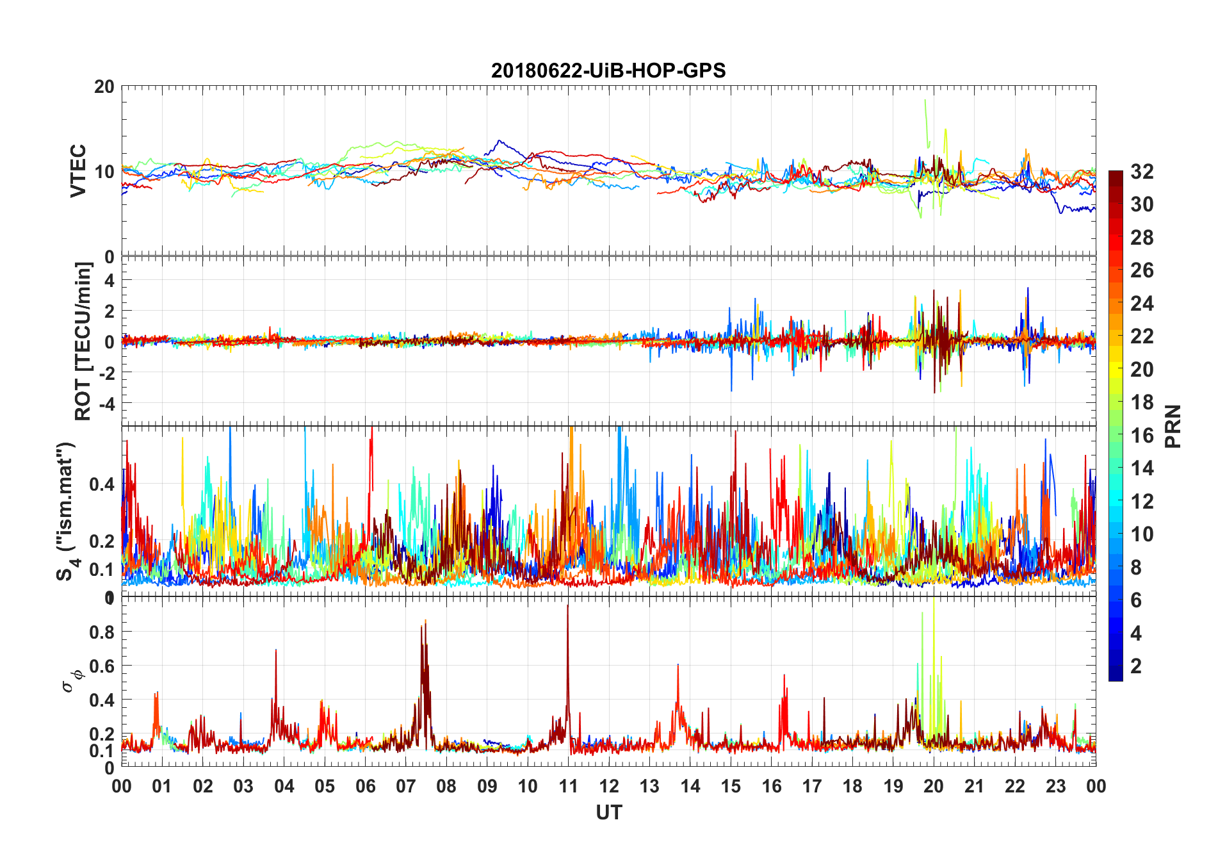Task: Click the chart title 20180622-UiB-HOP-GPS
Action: pyautogui.click(x=608, y=70)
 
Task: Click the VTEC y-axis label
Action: pyautogui.click(x=77, y=171)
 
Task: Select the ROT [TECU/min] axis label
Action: pyautogui.click(x=83, y=341)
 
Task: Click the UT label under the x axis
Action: pyautogui.click(x=608, y=812)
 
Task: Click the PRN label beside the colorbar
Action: pyautogui.click(x=1173, y=426)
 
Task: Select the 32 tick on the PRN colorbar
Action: pyautogui.click(x=1142, y=171)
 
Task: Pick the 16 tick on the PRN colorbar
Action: pyautogui.click(x=1142, y=436)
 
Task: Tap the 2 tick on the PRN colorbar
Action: pyautogui.click(x=1136, y=666)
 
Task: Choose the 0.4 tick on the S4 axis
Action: pyautogui.click(x=102, y=484)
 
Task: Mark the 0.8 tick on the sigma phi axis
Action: pyautogui.click(x=102, y=632)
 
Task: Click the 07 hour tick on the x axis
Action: pyautogui.click(x=406, y=786)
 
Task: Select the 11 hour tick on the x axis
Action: pyautogui.click(x=568, y=786)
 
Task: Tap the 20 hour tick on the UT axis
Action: pyautogui.click(x=934, y=786)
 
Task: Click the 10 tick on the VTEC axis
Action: pyautogui.click(x=104, y=172)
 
